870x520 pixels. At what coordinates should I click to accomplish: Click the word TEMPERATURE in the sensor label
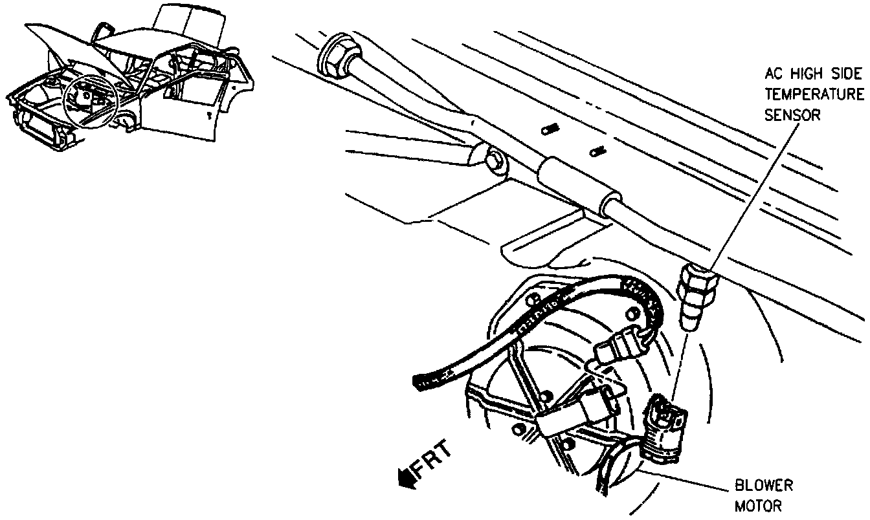[814, 95]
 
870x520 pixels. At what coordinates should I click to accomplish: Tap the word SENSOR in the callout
[792, 116]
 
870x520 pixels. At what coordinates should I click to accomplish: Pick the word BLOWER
[763, 486]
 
